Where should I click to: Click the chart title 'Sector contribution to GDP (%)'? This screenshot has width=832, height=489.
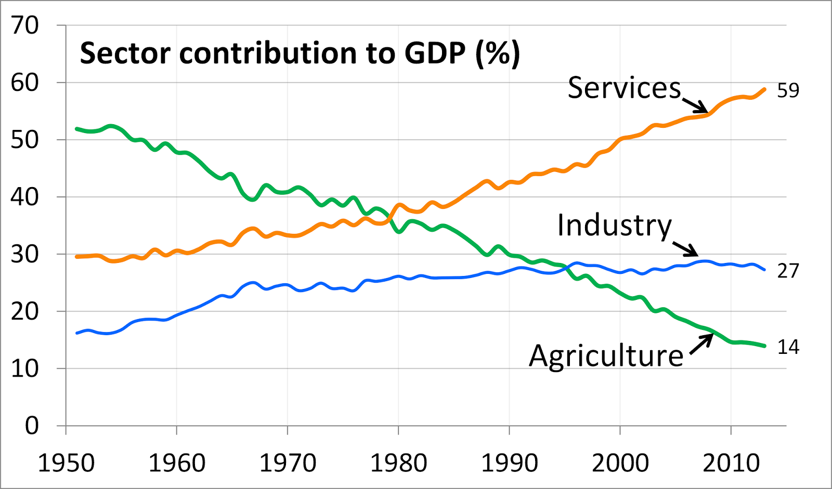(x=300, y=54)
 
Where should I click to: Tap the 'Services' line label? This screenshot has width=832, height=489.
(x=624, y=88)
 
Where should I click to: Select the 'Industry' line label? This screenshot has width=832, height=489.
(x=615, y=226)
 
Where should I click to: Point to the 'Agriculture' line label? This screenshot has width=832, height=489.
(x=606, y=356)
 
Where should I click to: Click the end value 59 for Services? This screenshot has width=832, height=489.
(x=788, y=90)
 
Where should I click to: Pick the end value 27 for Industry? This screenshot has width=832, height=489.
(x=788, y=271)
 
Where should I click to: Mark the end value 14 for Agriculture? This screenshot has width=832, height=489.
(x=788, y=347)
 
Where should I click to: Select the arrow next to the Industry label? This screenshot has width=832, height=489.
(x=686, y=248)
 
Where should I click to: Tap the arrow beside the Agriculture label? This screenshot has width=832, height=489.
(x=702, y=343)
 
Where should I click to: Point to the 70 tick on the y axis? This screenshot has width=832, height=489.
(x=25, y=25)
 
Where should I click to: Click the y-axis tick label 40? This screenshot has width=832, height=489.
(x=25, y=197)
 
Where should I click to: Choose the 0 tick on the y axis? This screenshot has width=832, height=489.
(x=32, y=426)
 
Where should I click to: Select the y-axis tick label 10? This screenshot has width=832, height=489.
(x=25, y=368)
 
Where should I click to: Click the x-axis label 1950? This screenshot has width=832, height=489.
(x=66, y=463)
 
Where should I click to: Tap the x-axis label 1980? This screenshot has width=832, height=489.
(x=398, y=463)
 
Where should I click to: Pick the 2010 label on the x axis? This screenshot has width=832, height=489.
(x=731, y=463)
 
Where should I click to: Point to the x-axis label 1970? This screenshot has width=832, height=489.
(x=288, y=463)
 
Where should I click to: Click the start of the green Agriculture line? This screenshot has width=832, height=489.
(x=77, y=128)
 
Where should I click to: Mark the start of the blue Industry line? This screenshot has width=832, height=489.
(x=77, y=333)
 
